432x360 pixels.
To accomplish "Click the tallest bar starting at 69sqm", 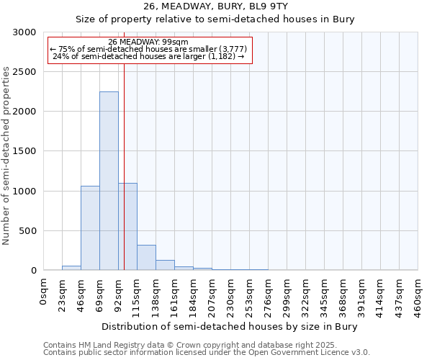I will [x=109, y=181].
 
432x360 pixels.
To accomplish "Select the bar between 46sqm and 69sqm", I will [x=90, y=228].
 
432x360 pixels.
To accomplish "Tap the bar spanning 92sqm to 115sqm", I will [x=127, y=226].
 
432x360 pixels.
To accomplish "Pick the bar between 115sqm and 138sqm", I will [x=146, y=257].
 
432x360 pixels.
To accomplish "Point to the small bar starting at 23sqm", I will [x=71, y=268].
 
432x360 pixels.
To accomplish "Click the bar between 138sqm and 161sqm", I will [x=165, y=265].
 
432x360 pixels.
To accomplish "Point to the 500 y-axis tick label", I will [x=28, y=231].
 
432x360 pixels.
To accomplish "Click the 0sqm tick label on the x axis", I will [x=44, y=292].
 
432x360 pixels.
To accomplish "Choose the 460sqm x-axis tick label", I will [x=418, y=295].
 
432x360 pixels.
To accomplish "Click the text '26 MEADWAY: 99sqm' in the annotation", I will [x=149, y=42].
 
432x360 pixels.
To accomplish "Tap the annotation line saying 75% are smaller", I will [x=149, y=49].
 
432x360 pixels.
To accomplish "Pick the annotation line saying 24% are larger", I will [x=149, y=56].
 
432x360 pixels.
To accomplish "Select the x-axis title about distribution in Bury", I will [x=230, y=326].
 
